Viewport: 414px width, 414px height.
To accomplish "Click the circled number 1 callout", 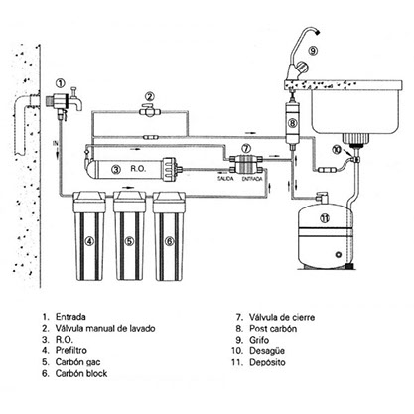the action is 60,83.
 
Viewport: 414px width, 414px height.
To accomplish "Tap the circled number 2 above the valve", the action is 150,97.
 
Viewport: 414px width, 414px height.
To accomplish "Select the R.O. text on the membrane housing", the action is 138,169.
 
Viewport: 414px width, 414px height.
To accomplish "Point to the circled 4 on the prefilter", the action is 89,241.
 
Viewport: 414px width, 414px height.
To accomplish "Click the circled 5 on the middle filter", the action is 129,241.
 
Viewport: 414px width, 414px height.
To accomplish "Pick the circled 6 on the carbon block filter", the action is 169,241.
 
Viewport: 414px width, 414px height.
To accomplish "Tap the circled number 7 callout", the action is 245,147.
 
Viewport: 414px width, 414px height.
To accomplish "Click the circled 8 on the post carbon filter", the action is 293,123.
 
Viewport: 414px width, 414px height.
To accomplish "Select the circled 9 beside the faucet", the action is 313,51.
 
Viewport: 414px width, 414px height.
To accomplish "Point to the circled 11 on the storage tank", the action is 325,218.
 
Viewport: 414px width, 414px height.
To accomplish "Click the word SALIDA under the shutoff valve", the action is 225,179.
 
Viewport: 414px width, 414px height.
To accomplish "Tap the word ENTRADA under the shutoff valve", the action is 252,179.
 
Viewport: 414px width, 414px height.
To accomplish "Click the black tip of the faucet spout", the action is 318,32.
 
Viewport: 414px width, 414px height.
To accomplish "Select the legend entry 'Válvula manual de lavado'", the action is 105,328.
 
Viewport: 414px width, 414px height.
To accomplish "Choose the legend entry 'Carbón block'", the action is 81,373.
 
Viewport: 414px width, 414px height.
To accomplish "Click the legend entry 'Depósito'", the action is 267,362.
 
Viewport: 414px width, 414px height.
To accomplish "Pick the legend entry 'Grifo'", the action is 259,340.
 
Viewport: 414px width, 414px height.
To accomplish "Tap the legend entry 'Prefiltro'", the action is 71,350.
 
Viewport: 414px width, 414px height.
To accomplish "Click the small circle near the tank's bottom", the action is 339,255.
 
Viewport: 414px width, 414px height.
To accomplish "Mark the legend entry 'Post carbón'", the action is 273,329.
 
